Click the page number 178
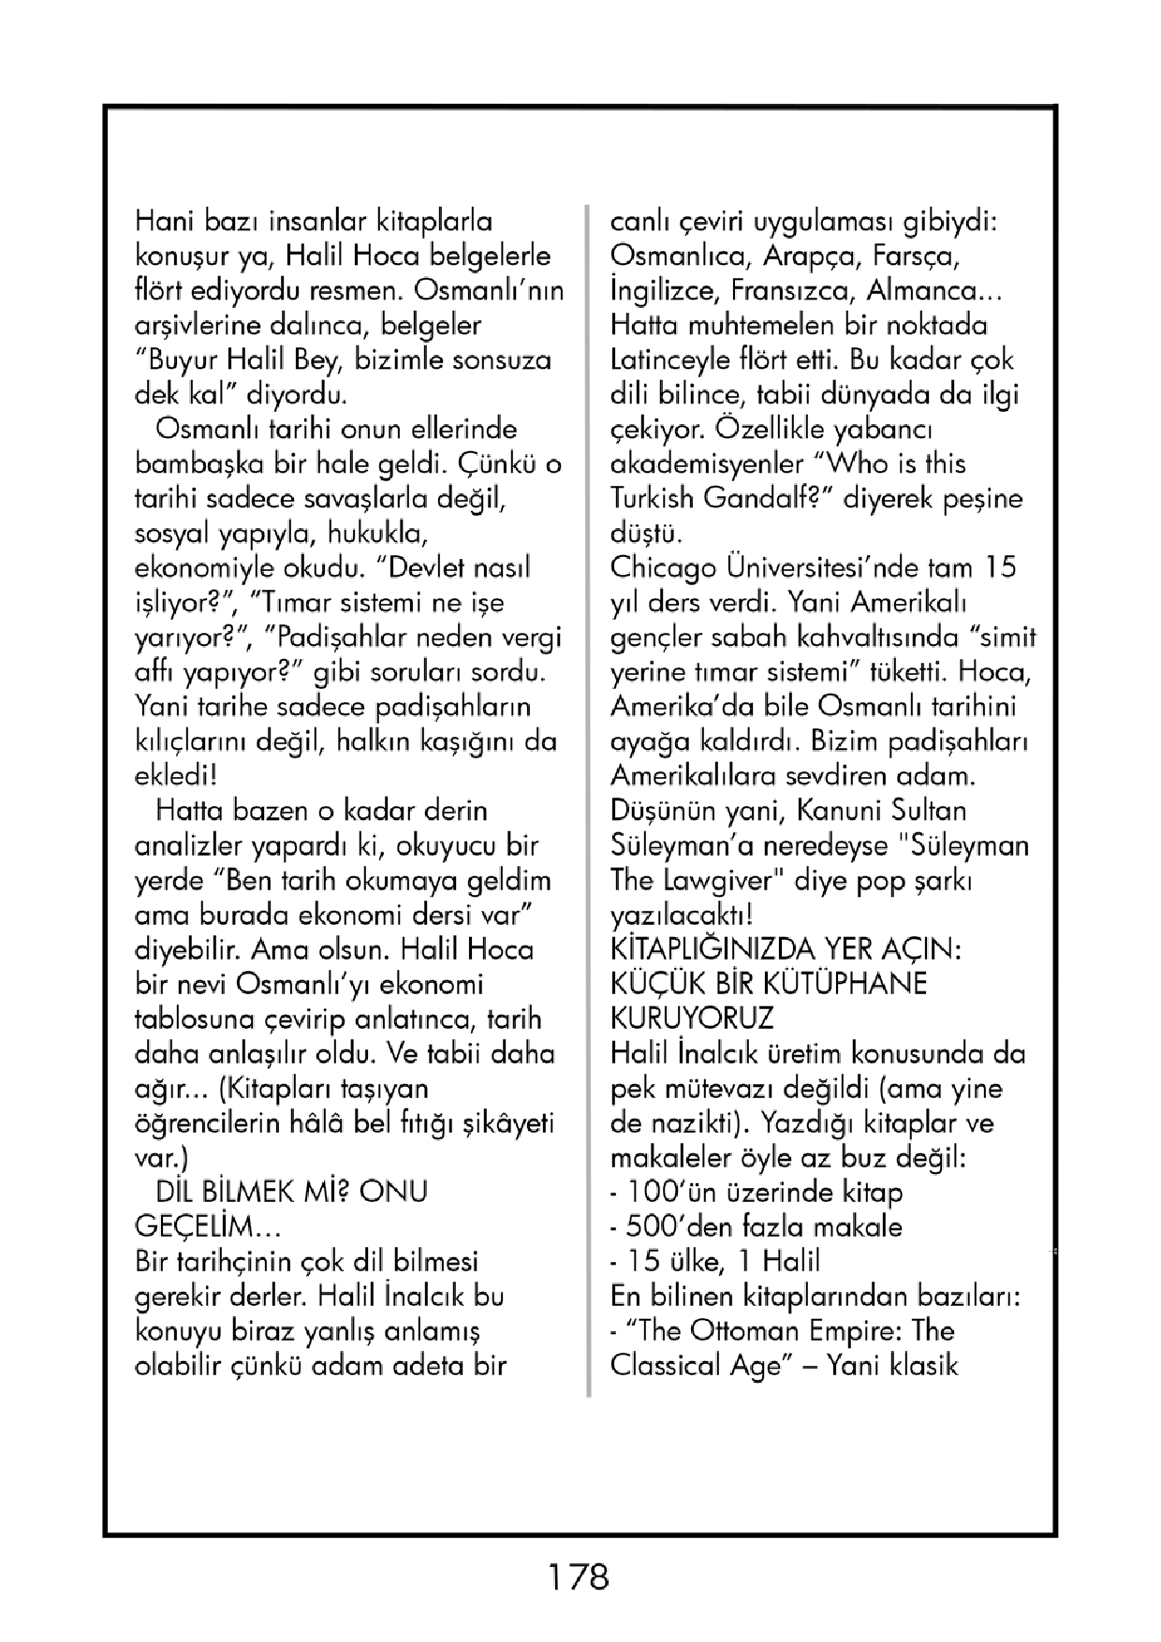(x=579, y=1577)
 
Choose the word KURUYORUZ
(x=692, y=1019)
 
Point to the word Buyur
(x=184, y=360)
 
